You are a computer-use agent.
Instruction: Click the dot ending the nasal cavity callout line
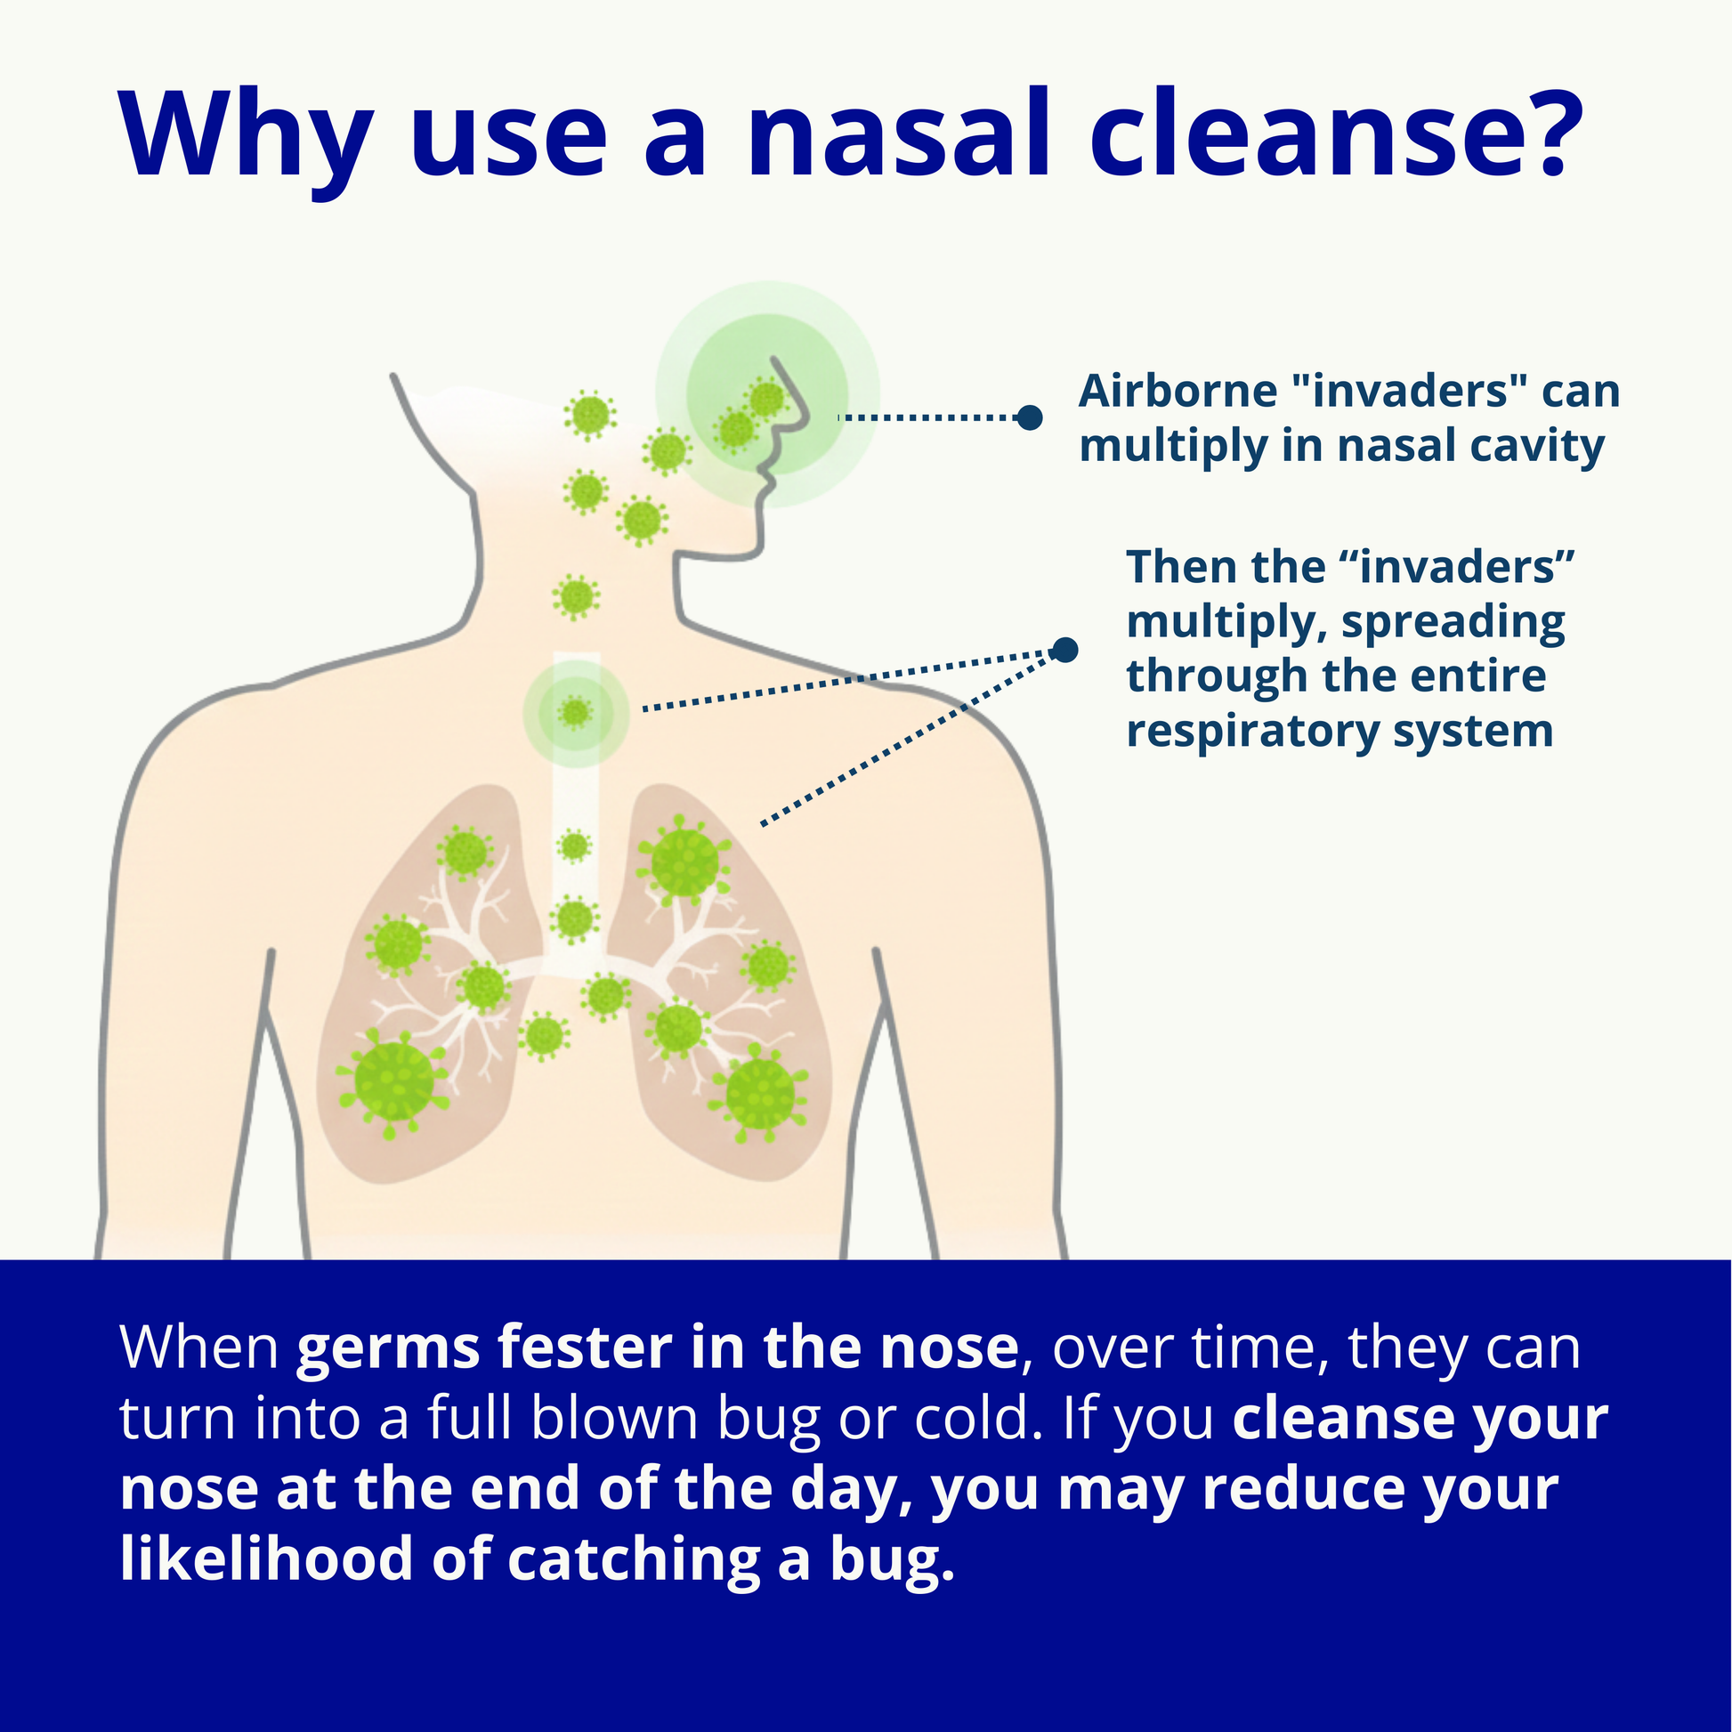(x=1030, y=417)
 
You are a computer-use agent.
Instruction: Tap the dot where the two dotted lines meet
(x=1064, y=650)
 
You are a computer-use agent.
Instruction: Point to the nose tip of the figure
(x=806, y=417)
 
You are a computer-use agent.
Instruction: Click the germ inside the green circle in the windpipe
(x=576, y=713)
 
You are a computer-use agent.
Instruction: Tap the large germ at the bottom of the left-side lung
(x=393, y=1084)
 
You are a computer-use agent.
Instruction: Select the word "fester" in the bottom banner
(x=587, y=1347)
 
